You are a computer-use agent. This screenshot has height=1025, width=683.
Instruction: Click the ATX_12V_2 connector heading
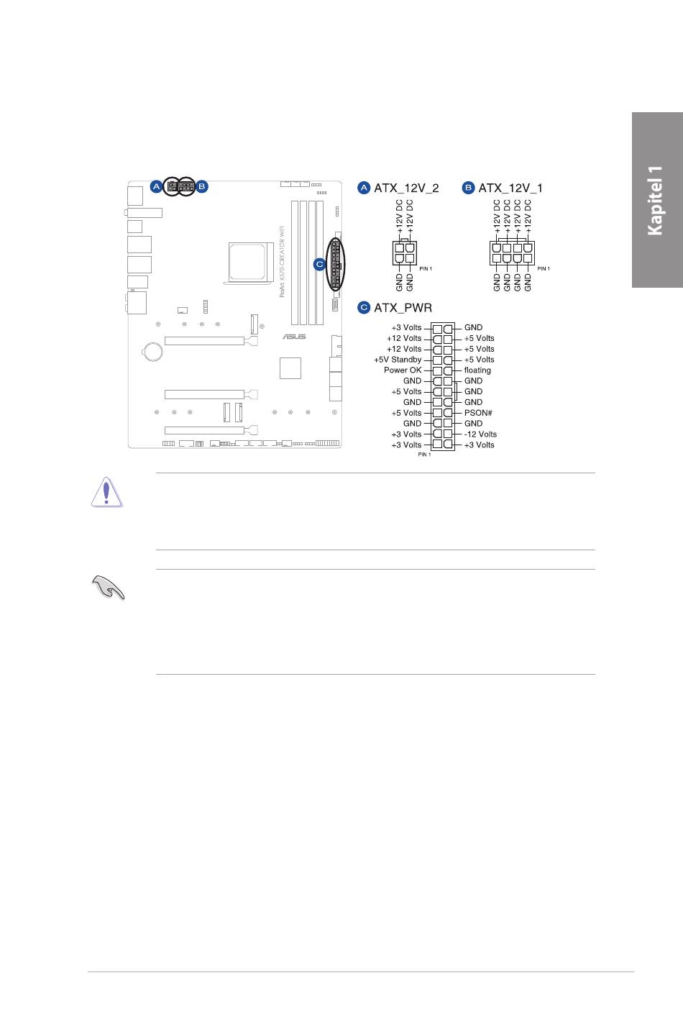[x=406, y=188]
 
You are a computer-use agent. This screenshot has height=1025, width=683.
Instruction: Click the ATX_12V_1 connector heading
[x=510, y=188]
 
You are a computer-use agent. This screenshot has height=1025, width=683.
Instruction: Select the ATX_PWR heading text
[x=403, y=308]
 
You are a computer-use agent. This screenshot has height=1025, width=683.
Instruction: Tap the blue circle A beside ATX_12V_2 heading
[x=364, y=188]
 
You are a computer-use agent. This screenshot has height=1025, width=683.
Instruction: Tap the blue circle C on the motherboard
[x=320, y=264]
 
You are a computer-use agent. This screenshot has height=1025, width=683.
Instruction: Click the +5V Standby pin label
[x=398, y=360]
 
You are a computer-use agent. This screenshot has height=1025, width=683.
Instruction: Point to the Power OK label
[x=403, y=370]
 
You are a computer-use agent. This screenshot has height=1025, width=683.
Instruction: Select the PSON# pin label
[x=478, y=413]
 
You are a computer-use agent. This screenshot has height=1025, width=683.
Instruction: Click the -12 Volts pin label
[x=480, y=434]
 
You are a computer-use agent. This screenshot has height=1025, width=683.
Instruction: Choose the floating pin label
[x=477, y=370]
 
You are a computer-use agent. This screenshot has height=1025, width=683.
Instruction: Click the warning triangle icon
[x=107, y=493]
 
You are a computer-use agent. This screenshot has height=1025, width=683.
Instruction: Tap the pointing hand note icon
[x=108, y=588]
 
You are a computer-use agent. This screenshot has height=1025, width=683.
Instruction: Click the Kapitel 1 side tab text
[x=655, y=200]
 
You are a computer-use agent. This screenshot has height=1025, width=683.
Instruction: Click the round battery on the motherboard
[x=152, y=351]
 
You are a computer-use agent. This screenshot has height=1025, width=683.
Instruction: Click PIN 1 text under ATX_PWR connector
[x=424, y=455]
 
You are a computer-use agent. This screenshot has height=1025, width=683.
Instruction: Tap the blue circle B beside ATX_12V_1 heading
[x=468, y=188]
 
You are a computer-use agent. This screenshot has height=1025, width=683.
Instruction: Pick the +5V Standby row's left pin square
[x=438, y=360]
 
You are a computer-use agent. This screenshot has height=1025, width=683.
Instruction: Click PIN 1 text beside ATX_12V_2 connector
[x=426, y=269]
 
